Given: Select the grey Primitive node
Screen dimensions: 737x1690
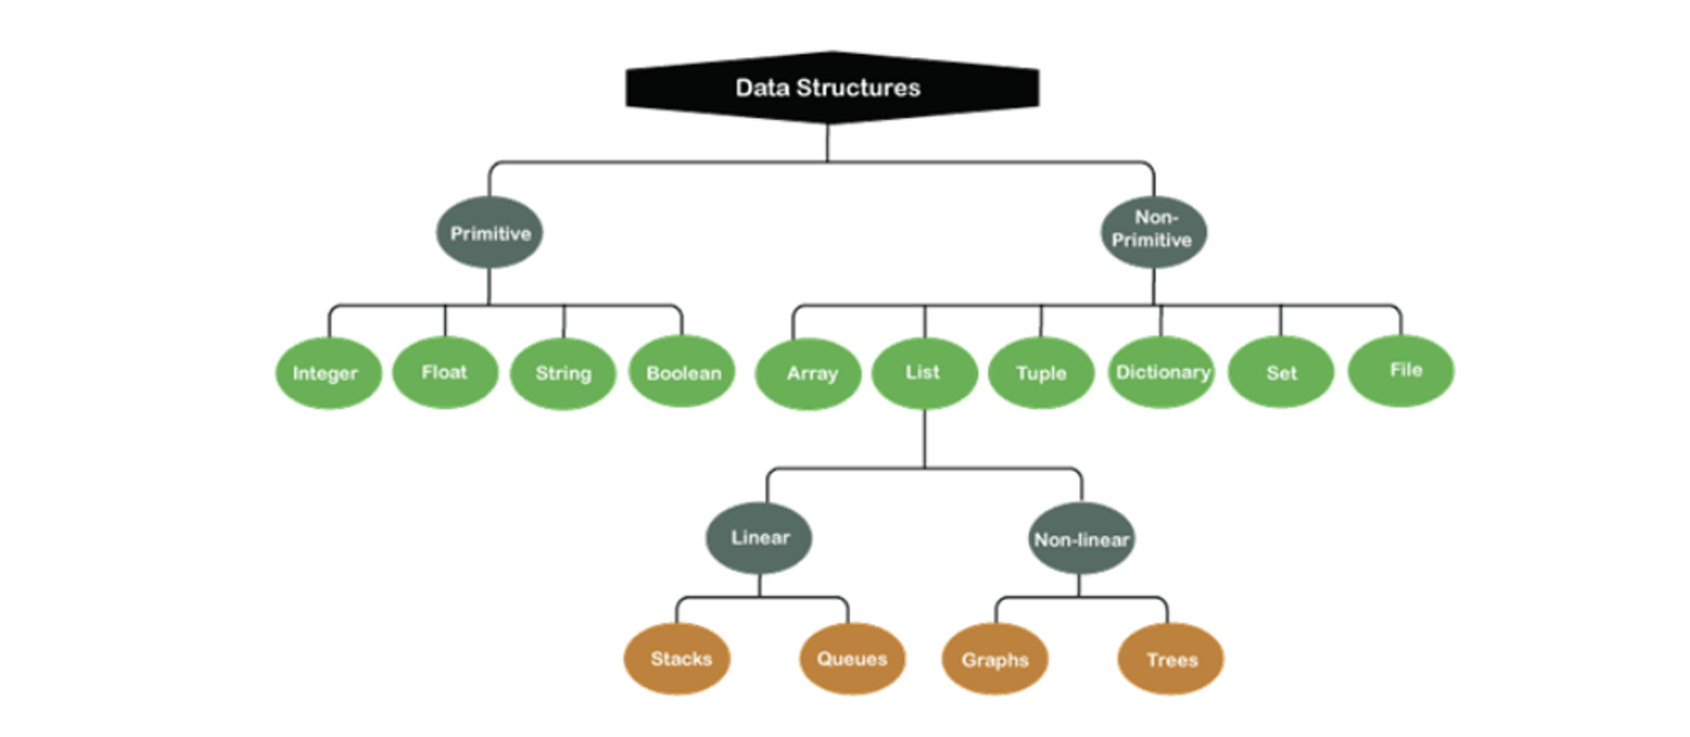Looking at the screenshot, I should (489, 233).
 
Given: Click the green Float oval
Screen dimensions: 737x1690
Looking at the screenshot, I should (444, 372).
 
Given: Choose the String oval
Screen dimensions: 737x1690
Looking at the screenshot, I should (562, 373).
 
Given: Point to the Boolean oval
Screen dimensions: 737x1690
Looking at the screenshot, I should (682, 372).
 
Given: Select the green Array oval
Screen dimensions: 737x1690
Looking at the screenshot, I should (808, 373).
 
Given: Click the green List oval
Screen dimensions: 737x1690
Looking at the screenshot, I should (923, 372).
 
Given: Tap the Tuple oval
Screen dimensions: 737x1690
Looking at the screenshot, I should (1041, 373).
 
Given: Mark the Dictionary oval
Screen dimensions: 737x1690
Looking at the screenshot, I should (1161, 372).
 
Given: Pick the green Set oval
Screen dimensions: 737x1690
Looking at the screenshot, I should (1281, 373).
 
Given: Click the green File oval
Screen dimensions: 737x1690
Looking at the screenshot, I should (1401, 370).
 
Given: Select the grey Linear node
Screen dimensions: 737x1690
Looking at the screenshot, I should (759, 538).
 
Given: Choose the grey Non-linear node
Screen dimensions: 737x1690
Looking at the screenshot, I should (1080, 539).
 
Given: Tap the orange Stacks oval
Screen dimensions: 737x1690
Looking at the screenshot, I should (678, 659).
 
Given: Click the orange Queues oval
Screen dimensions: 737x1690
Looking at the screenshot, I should (852, 659).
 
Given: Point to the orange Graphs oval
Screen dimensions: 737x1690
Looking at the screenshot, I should (995, 660).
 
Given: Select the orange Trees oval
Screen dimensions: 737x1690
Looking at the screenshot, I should (1170, 660).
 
